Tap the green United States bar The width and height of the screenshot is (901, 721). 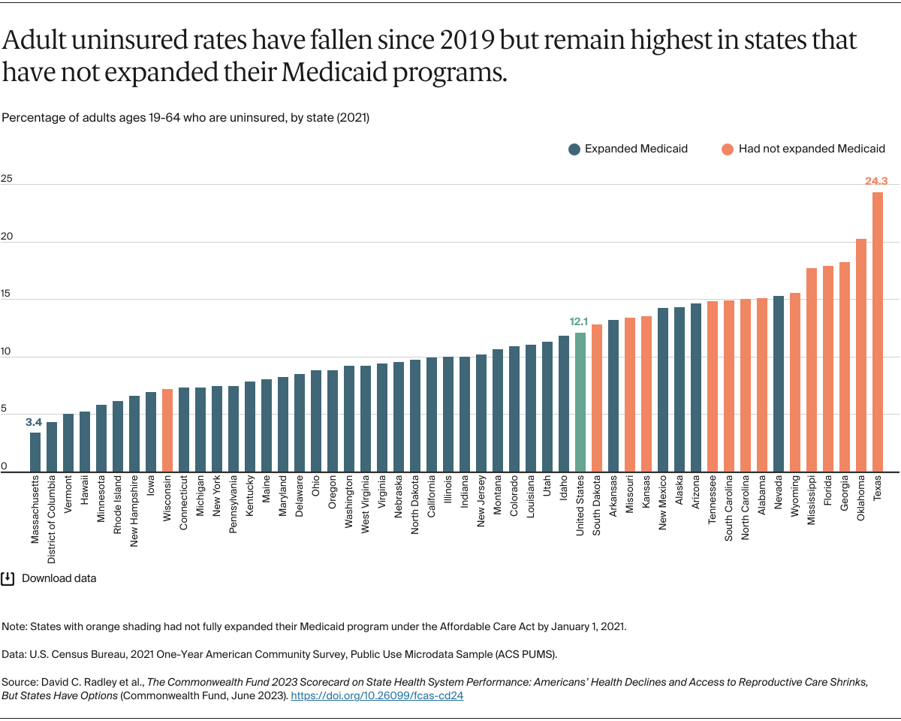point(580,402)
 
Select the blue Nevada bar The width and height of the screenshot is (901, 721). point(778,384)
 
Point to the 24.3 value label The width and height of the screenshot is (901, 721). point(875,181)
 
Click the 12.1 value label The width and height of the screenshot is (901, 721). point(579,322)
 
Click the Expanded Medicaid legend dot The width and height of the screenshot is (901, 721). point(574,149)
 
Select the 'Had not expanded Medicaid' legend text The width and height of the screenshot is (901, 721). point(811,149)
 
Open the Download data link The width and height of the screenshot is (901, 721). point(59,578)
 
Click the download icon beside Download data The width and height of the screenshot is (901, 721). point(8,578)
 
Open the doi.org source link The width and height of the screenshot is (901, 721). point(376,695)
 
